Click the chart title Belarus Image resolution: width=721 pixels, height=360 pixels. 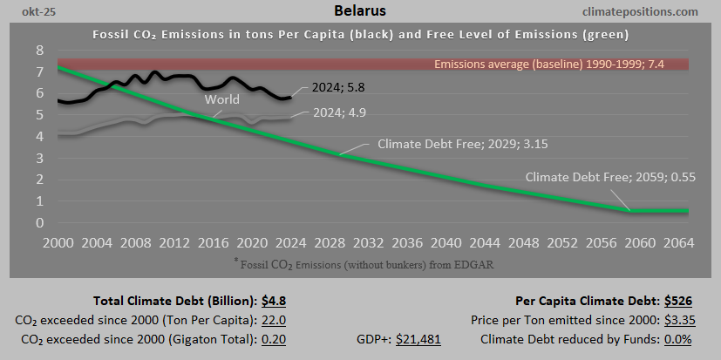point(360,11)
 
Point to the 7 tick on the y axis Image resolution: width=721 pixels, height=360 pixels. point(39,71)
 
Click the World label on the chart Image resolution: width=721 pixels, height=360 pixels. point(222,99)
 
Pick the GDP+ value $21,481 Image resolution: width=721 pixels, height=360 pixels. point(418,339)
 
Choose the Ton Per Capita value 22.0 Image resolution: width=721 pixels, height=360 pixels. point(272,320)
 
